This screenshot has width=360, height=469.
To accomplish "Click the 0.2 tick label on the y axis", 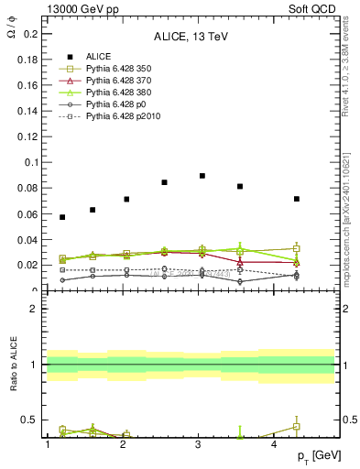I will tap(26, 34).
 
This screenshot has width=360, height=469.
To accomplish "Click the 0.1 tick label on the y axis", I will tap(26, 162).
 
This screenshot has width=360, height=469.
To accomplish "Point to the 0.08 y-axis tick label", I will tap(23, 188).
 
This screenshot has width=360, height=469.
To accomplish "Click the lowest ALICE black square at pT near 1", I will tap(62, 217).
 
